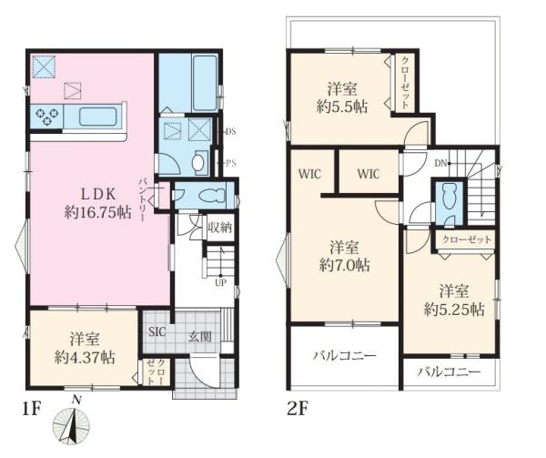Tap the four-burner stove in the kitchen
(x=48, y=117)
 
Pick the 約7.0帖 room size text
(x=343, y=266)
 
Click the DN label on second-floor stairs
(x=441, y=164)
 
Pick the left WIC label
(x=308, y=170)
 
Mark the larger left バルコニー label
(x=345, y=355)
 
